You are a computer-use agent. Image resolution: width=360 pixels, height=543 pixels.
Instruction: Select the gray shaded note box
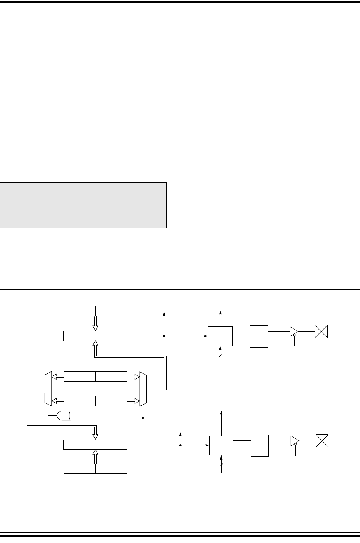pyautogui.click(x=83, y=205)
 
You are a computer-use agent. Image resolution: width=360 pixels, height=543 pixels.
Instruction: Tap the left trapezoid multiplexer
pyautogui.click(x=48, y=388)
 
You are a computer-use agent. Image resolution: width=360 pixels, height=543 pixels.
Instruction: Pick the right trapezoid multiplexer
pyautogui.click(x=143, y=388)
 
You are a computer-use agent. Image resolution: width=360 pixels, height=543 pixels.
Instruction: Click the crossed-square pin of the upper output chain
pyautogui.click(x=321, y=331)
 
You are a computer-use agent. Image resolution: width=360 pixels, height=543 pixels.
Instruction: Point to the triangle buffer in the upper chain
pyautogui.click(x=294, y=331)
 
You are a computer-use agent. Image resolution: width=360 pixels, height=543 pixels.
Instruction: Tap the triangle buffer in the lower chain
pyautogui.click(x=295, y=440)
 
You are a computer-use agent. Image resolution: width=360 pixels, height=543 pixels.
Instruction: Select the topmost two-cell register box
pyautogui.click(x=95, y=311)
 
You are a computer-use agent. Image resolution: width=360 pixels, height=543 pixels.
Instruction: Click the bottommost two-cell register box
pyautogui.click(x=95, y=469)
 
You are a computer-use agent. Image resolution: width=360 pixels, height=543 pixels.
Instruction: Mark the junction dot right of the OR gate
pyautogui.click(x=143, y=417)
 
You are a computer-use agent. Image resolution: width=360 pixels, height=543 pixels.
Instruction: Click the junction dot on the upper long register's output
pyautogui.click(x=164, y=336)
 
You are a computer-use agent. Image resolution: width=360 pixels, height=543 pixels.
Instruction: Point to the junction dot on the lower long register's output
pyautogui.click(x=180, y=445)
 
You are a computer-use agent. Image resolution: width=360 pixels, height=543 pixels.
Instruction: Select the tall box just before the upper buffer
pyautogui.click(x=259, y=336)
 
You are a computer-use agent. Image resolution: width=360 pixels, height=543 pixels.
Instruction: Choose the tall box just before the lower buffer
pyautogui.click(x=260, y=445)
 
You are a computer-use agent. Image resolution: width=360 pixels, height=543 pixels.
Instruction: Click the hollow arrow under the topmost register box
pyautogui.click(x=95, y=323)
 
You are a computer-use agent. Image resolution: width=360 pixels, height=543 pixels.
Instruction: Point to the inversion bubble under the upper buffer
pyautogui.click(x=295, y=335)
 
